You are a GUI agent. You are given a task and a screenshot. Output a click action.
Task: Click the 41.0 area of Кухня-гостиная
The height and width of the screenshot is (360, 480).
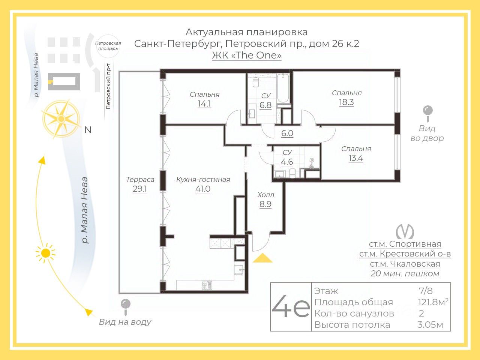click(x=203, y=189)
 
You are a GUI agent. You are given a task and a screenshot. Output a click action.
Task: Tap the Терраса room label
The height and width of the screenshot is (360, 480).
click(x=140, y=180)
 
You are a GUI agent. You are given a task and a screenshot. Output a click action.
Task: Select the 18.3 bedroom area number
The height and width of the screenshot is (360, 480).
click(x=346, y=102)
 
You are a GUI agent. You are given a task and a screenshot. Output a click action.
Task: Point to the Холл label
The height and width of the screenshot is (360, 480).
click(x=266, y=195)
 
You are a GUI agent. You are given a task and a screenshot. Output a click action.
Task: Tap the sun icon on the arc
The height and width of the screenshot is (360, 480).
click(x=46, y=253)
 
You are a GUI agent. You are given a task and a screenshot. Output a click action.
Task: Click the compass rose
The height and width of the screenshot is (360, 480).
click(x=61, y=119)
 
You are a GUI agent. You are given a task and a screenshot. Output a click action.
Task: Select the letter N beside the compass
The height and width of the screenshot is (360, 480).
click(x=88, y=130)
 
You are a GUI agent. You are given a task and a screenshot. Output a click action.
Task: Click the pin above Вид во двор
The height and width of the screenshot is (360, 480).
click(x=428, y=114)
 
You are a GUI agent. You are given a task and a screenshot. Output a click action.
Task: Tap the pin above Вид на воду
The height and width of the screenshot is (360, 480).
click(x=126, y=307)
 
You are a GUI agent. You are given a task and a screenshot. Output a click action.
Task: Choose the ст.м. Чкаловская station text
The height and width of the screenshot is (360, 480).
click(x=405, y=264)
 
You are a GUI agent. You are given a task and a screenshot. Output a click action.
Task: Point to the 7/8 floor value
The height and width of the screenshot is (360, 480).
click(x=426, y=291)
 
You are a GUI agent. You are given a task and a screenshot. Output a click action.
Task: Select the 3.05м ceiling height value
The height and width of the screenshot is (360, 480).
click(x=430, y=325)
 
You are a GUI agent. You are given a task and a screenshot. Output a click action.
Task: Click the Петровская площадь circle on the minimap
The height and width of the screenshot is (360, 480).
click(x=108, y=46)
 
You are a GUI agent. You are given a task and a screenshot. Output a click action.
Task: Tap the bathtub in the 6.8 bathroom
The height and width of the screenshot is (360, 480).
click(x=283, y=88)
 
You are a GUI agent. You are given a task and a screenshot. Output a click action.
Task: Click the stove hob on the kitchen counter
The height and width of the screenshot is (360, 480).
click(x=207, y=285)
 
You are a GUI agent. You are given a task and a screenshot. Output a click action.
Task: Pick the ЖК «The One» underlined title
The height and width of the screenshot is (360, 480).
click(x=247, y=55)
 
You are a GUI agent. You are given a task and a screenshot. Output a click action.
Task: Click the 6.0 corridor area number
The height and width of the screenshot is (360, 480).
click(x=287, y=133)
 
